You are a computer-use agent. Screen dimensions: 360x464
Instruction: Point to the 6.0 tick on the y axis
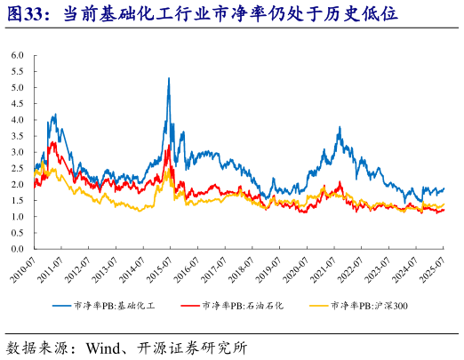pyautogui.click(x=17, y=55)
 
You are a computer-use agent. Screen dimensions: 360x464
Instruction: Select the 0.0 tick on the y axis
pyautogui.click(x=17, y=249)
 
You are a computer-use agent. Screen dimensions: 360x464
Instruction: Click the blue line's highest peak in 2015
pyautogui.click(x=169, y=78)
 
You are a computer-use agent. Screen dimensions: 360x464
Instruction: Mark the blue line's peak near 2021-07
pyautogui.click(x=340, y=128)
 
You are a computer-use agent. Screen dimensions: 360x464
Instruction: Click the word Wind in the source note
pyautogui.click(x=104, y=346)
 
